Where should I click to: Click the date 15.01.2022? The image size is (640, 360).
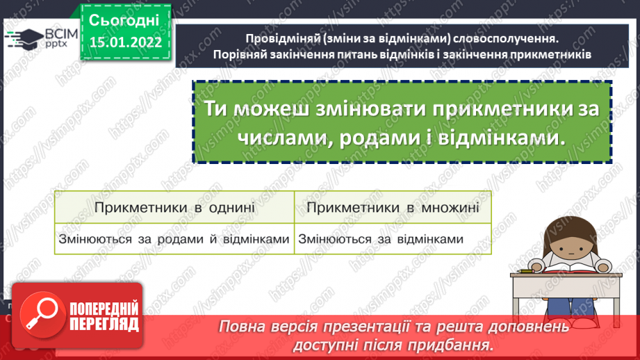tap(125, 42)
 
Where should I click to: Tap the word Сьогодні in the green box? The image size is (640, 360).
tap(125, 19)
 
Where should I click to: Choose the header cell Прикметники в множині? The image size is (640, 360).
tap(393, 207)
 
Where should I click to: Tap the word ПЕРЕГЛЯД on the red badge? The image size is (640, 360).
tap(104, 324)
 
